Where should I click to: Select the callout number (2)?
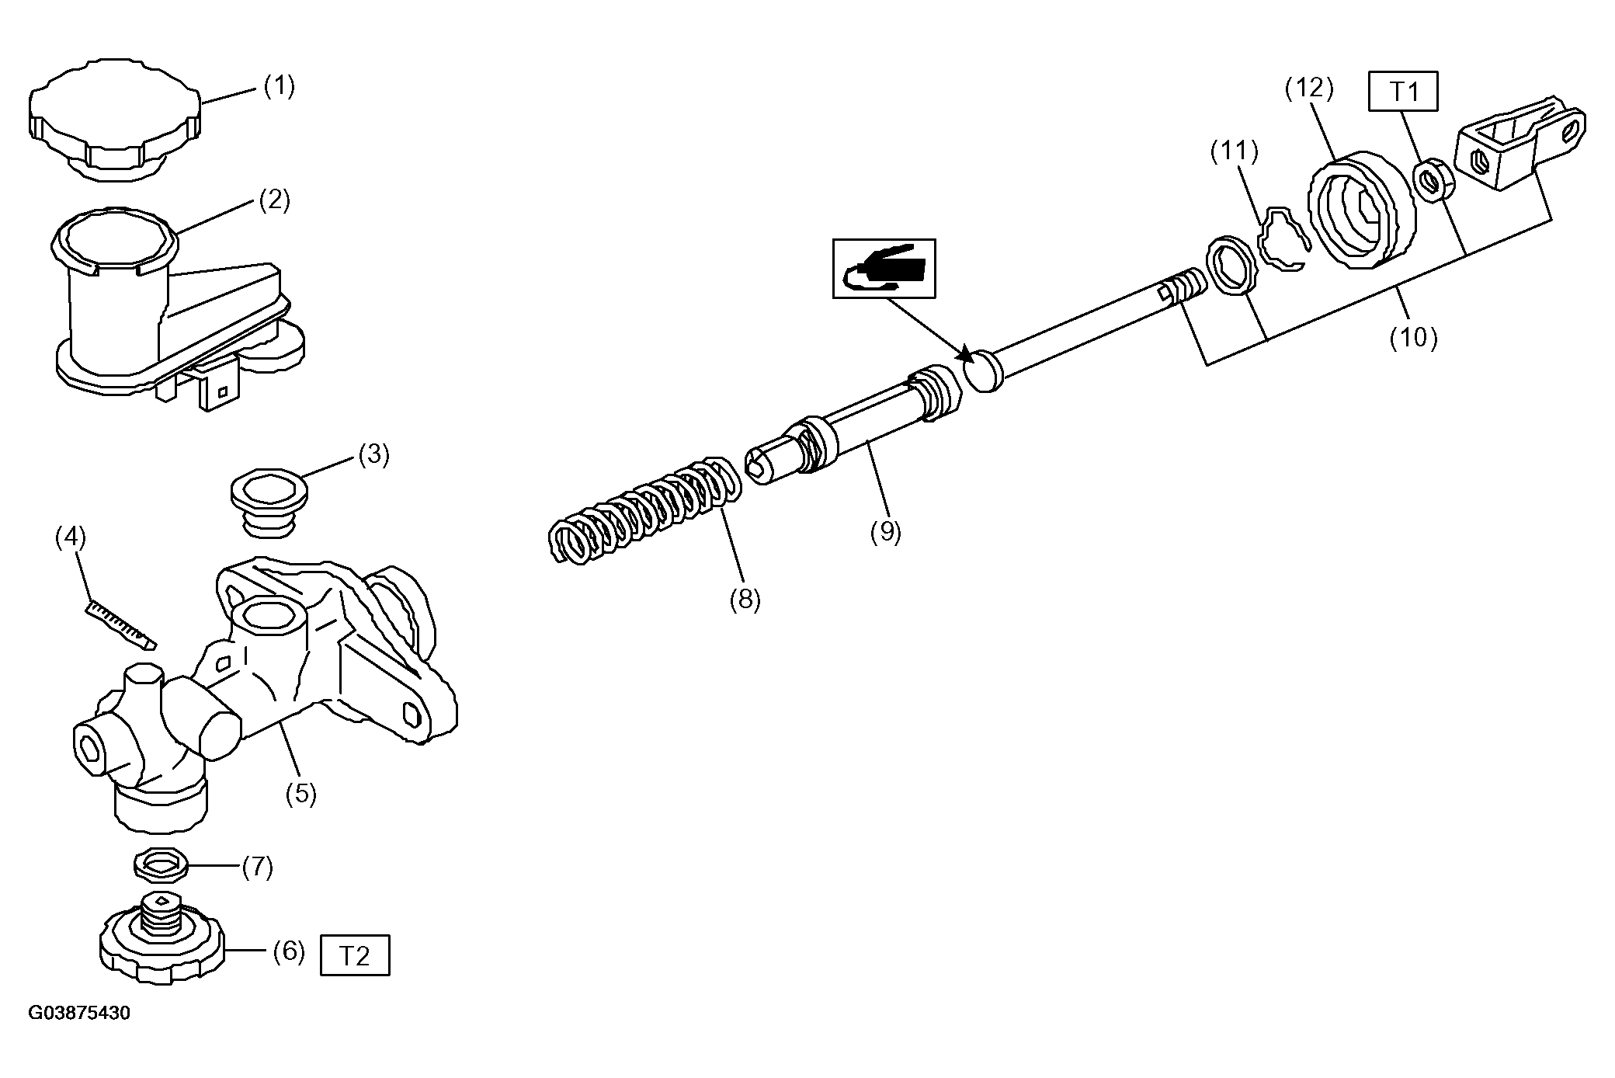click(x=274, y=200)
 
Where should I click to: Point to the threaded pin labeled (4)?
click(x=120, y=623)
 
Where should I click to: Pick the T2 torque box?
click(x=355, y=956)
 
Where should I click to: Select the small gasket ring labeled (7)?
click(x=161, y=864)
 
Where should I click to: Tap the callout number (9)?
click(x=885, y=532)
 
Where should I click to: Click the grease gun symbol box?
click(x=884, y=269)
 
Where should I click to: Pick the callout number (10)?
click(x=1414, y=337)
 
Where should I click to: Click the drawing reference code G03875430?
click(x=79, y=1014)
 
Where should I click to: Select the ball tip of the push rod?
click(x=984, y=370)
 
